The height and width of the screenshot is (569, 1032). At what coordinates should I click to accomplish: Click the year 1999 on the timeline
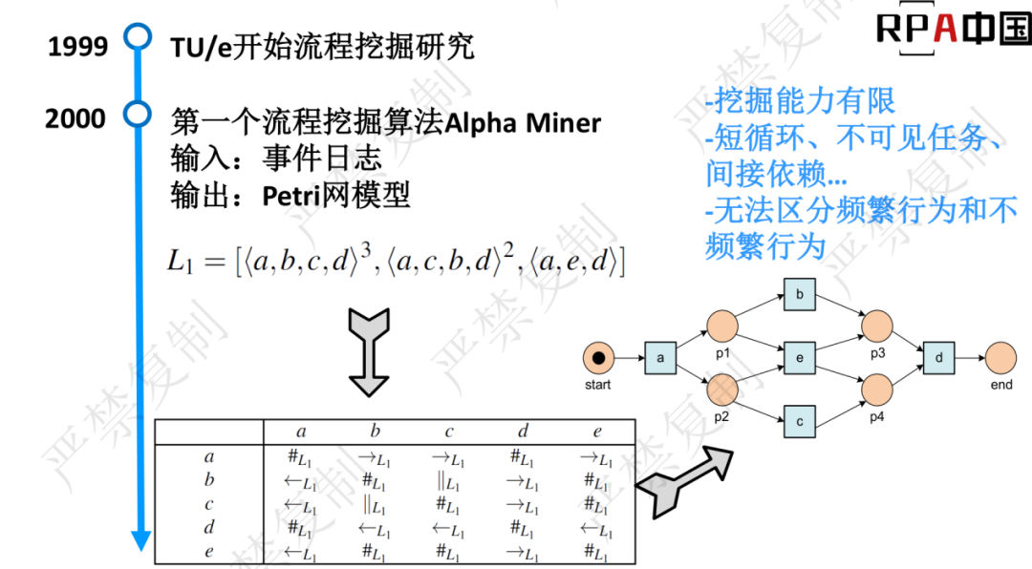coord(77,46)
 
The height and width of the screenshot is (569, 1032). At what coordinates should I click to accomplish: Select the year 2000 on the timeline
coord(75,119)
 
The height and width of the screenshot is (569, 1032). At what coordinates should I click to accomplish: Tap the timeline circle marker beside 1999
coord(140,38)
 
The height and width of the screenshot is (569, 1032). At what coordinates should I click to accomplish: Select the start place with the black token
coord(598,358)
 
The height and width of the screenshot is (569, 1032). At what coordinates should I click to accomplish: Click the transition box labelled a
coord(659,358)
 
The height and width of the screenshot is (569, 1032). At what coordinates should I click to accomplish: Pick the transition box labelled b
coord(799,295)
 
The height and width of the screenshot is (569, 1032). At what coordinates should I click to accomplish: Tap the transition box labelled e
coord(799,358)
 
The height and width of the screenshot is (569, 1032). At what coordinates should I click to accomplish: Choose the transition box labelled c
coord(799,421)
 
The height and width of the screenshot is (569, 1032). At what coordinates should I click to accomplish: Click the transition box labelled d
coord(938,358)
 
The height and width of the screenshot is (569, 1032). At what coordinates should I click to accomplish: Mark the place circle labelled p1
coord(722,327)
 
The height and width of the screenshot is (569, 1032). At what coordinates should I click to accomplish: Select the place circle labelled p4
coord(877,390)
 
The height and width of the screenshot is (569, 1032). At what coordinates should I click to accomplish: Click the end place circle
coord(1001,358)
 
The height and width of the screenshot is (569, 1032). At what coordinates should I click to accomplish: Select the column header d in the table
coord(523,432)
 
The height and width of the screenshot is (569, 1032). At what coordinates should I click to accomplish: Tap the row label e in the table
coord(209,551)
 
